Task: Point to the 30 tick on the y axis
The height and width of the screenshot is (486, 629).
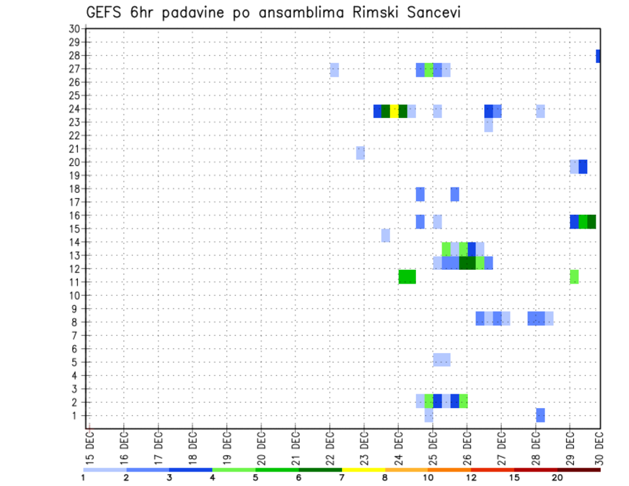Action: (74, 29)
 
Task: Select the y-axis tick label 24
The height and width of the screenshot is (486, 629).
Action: (74, 109)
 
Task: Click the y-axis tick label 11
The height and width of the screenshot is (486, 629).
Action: (74, 282)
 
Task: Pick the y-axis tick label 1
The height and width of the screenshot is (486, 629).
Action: (77, 415)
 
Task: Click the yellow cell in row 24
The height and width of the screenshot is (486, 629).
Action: (394, 111)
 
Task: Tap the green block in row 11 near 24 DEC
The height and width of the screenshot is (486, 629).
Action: (407, 276)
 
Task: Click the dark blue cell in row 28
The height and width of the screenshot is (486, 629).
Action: (598, 56)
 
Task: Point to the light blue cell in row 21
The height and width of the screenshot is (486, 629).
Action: (360, 153)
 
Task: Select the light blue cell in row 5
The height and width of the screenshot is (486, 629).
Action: (441, 360)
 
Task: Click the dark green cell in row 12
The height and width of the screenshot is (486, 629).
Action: (467, 263)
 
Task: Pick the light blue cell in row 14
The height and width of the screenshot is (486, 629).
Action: (385, 235)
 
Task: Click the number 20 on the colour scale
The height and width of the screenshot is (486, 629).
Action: (557, 477)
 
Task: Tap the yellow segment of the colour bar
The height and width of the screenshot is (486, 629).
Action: (363, 470)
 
